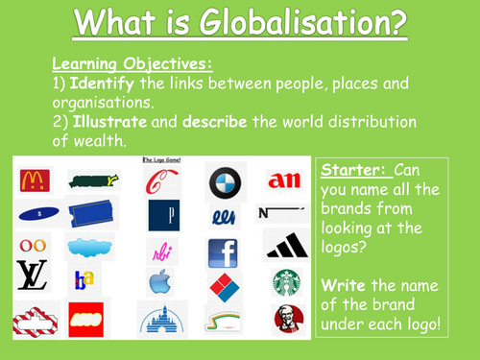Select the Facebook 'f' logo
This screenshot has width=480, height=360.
(222, 252)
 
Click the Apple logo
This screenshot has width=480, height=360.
(162, 282)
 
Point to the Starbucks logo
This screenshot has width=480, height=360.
(284, 282)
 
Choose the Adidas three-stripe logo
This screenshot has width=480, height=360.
(285, 247)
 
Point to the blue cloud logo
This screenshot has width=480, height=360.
(91, 248)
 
